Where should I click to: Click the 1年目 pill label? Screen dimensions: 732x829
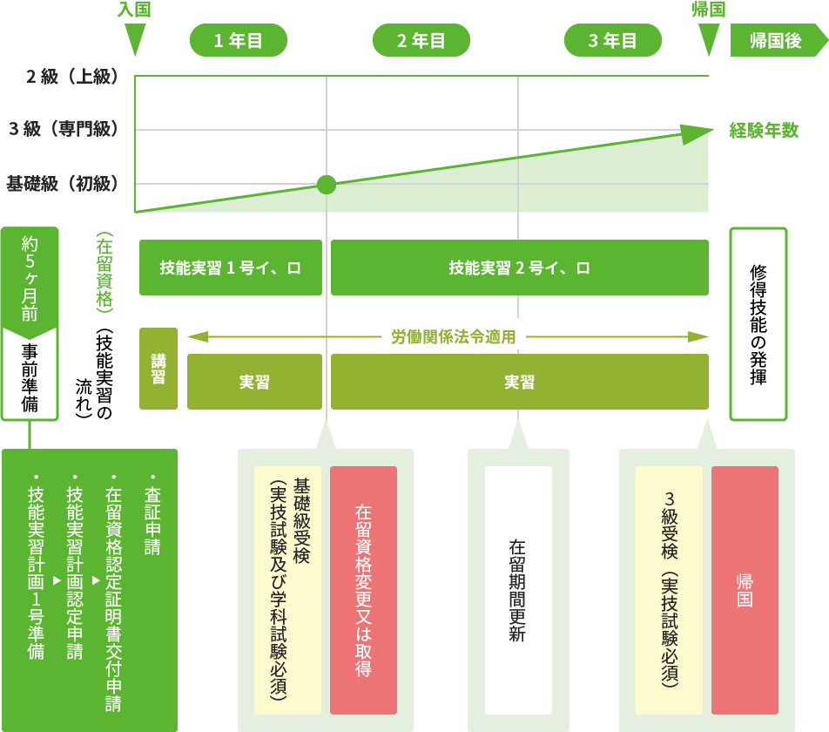[238, 40]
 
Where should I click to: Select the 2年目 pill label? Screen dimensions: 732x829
[421, 40]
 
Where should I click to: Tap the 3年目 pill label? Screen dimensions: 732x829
[612, 40]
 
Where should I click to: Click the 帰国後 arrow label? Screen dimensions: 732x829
[777, 40]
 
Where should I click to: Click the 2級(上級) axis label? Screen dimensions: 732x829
[71, 77]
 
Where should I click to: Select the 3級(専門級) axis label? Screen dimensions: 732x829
[63, 130]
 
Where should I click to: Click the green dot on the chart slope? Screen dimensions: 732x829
[327, 183]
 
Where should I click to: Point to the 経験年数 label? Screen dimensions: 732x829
[764, 131]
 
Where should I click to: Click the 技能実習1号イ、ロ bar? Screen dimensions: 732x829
[230, 268]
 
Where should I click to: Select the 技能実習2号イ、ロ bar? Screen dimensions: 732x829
[519, 268]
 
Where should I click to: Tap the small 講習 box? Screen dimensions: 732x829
[158, 369]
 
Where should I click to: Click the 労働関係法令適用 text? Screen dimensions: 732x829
[453, 336]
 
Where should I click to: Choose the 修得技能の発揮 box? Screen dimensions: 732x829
[758, 324]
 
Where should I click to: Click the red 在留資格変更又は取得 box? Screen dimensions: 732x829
[363, 590]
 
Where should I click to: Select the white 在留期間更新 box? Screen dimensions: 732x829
[518, 590]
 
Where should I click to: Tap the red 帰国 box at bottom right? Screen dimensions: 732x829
[745, 590]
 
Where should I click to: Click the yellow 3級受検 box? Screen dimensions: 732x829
[669, 590]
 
